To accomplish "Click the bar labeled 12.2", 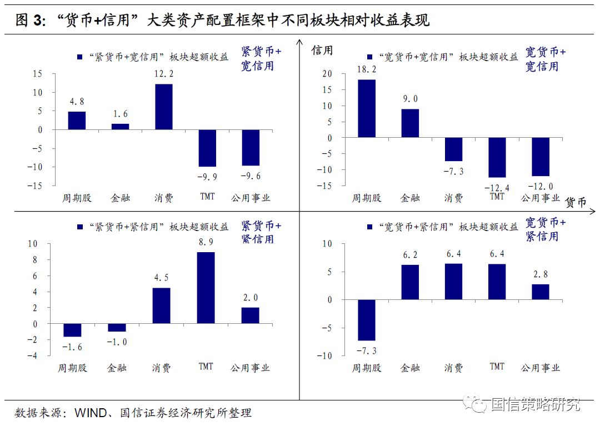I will click(163, 107).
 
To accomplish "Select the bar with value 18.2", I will click(367, 108).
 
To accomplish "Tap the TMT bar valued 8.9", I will click(206, 288).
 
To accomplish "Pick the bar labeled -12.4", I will click(497, 157).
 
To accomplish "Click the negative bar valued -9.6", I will click(251, 147).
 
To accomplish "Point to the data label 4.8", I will click(77, 102).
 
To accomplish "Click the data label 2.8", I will click(541, 274).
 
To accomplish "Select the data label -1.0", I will click(117, 342).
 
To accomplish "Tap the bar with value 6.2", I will click(410, 282).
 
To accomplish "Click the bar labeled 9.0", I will click(410, 123).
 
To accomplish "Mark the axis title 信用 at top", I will click(322, 51).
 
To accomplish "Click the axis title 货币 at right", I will click(576, 203).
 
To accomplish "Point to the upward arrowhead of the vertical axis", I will click(299, 42).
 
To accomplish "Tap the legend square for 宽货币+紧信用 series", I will click(369, 227).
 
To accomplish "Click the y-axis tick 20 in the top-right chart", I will click(327, 74).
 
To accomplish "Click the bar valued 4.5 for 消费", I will click(162, 305).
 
